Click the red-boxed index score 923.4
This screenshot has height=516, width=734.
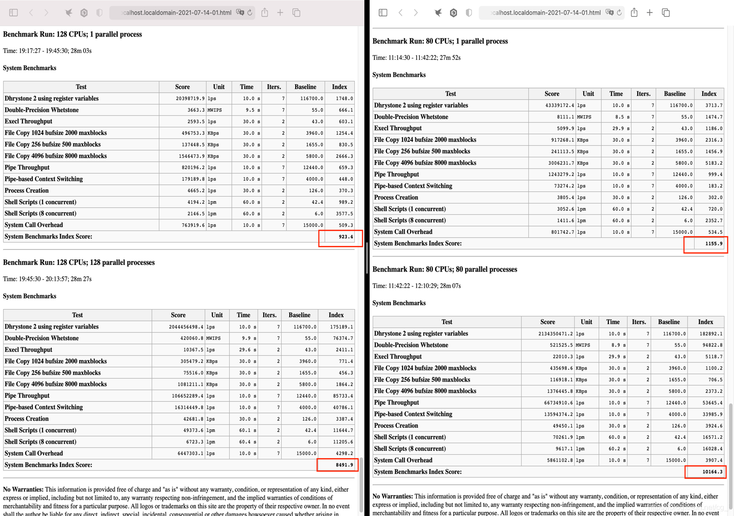(x=345, y=237)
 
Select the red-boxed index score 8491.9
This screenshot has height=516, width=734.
(x=344, y=465)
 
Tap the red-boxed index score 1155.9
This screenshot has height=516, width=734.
(x=713, y=244)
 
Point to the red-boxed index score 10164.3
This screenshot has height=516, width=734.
(x=712, y=472)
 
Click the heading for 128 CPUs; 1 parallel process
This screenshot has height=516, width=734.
(x=72, y=34)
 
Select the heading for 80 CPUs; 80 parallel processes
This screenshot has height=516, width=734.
(x=444, y=269)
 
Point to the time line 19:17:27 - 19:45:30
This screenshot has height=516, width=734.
(x=47, y=51)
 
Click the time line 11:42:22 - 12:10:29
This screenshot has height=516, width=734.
(x=416, y=286)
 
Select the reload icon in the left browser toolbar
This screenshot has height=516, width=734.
(x=250, y=13)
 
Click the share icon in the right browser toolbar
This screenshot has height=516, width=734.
(x=634, y=13)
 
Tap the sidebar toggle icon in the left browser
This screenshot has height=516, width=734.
(x=14, y=13)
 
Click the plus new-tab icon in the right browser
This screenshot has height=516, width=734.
(x=650, y=13)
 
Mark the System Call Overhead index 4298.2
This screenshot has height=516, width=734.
(x=344, y=454)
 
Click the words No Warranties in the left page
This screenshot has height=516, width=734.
(x=23, y=489)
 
